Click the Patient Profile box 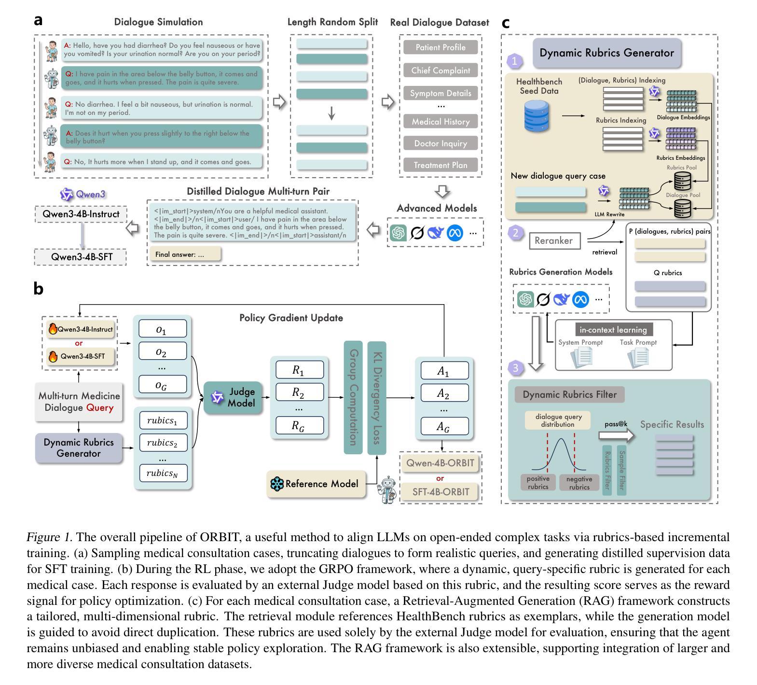(440, 47)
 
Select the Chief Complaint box (440, 70)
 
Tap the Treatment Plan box (440, 165)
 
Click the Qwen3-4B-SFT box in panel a (81, 257)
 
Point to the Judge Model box (233, 397)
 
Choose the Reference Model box (316, 484)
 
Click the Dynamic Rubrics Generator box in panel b (79, 447)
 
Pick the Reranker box (554, 240)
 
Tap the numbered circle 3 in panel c (516, 368)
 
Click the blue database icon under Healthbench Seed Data (537, 116)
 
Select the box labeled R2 (299, 392)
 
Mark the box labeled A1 (444, 371)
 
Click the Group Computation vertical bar (353, 397)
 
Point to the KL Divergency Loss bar (377, 397)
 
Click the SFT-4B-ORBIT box (440, 492)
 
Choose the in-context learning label (613, 330)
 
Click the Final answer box (185, 254)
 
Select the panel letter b (39, 289)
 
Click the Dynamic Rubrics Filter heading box (569, 394)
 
